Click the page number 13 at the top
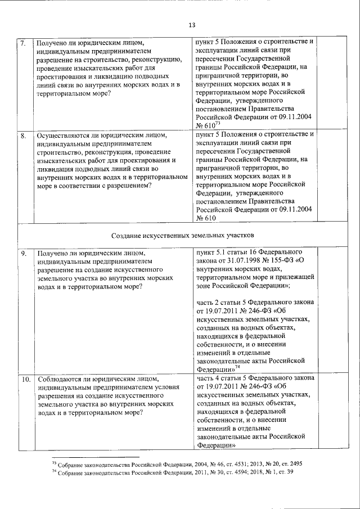click(x=191, y=25)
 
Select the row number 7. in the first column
click(x=23, y=42)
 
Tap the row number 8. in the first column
click(x=23, y=136)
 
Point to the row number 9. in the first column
click(x=24, y=253)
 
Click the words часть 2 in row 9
click(x=209, y=303)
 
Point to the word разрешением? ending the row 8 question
click(x=129, y=186)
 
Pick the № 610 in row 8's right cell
click(x=206, y=218)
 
